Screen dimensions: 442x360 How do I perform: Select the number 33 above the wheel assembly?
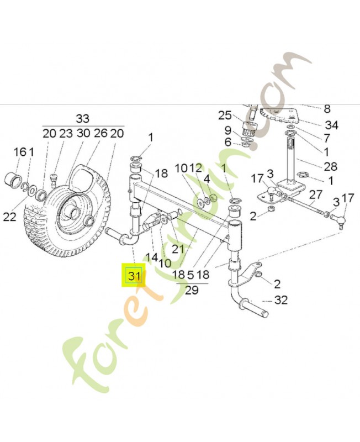click(x=82, y=119)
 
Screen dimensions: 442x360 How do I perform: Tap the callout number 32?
click(x=281, y=301)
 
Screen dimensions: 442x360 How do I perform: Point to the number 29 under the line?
click(x=192, y=291)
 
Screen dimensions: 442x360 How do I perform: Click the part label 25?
click(x=224, y=115)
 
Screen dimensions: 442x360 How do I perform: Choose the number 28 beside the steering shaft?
click(x=315, y=167)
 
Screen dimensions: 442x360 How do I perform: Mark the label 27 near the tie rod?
click(x=315, y=194)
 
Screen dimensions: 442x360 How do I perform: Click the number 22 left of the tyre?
click(x=9, y=217)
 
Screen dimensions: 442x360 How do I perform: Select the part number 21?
click(x=177, y=249)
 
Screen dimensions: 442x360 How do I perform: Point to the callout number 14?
click(x=152, y=257)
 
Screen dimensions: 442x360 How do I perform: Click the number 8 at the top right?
click(x=327, y=109)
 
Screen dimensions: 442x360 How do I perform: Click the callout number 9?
click(x=227, y=130)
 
